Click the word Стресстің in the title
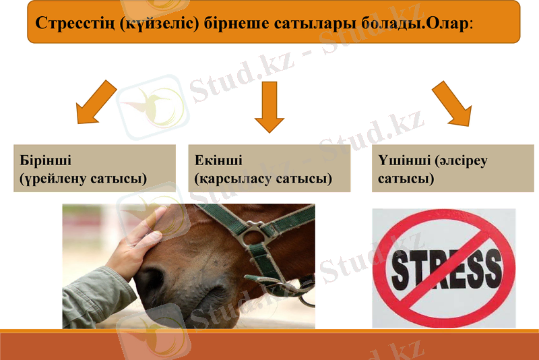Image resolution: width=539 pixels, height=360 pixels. [x=74, y=22]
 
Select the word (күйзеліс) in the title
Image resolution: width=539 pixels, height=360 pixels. [x=154, y=22]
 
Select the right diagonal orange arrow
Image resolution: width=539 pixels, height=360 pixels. [x=451, y=103]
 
